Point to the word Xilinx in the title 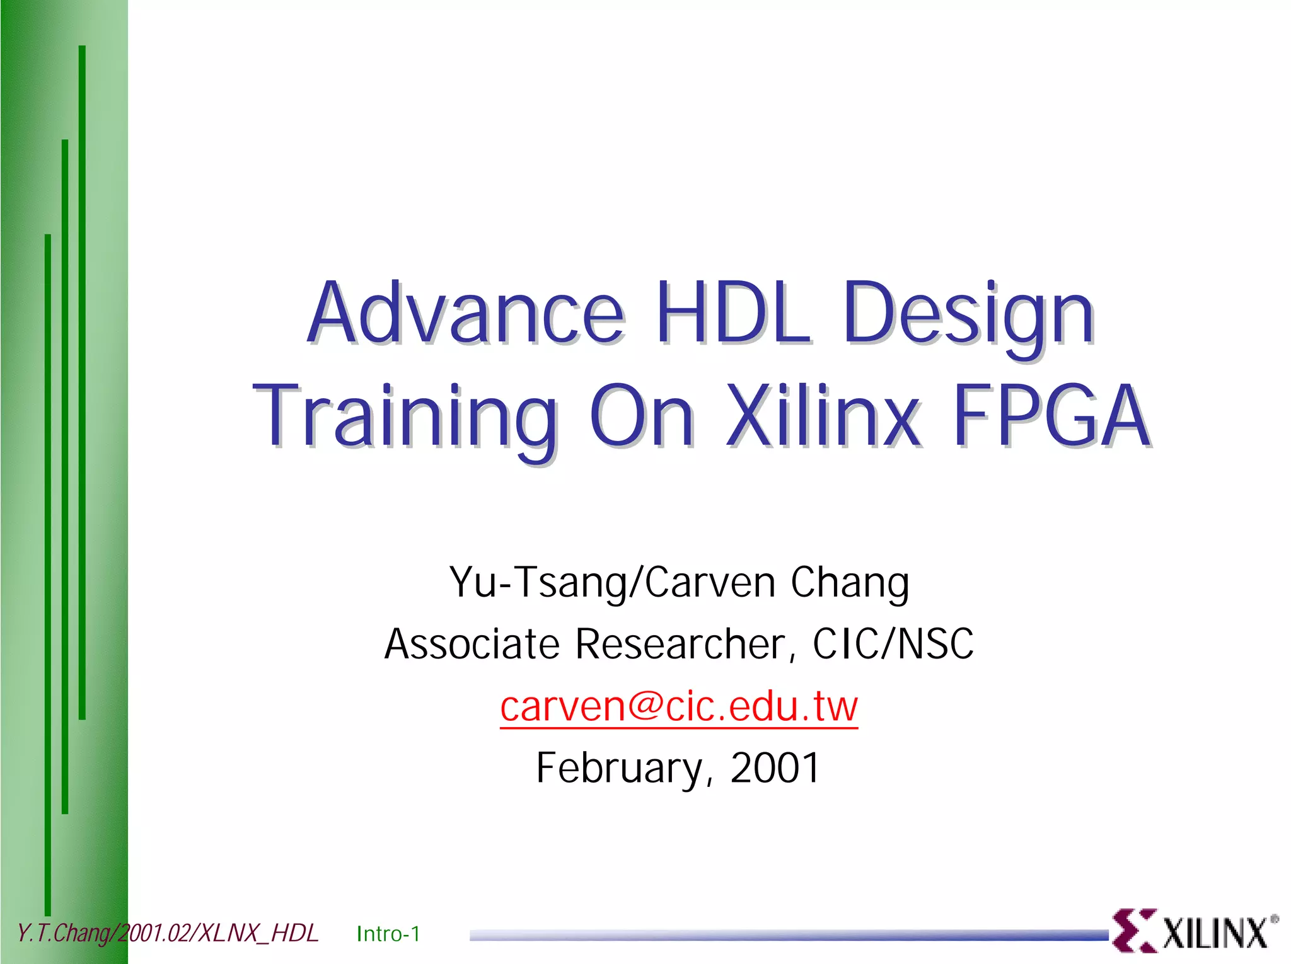click(823, 417)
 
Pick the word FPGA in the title click(1051, 417)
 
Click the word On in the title click(642, 417)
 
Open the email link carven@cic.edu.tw click(679, 706)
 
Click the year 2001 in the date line click(775, 768)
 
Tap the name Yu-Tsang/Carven click(611, 582)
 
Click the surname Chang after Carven click(850, 582)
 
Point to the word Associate click(472, 644)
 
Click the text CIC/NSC click(893, 644)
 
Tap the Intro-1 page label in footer click(388, 934)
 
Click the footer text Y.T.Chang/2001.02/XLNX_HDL click(167, 933)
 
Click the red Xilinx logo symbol click(1133, 931)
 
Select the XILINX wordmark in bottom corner click(1215, 933)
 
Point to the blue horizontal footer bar click(788, 935)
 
